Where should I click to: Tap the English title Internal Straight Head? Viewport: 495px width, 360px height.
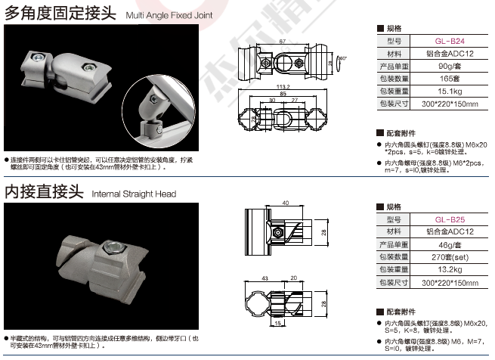(134, 194)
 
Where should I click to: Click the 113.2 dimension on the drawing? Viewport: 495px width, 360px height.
(283, 86)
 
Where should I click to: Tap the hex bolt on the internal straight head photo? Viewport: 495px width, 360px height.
(113, 246)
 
